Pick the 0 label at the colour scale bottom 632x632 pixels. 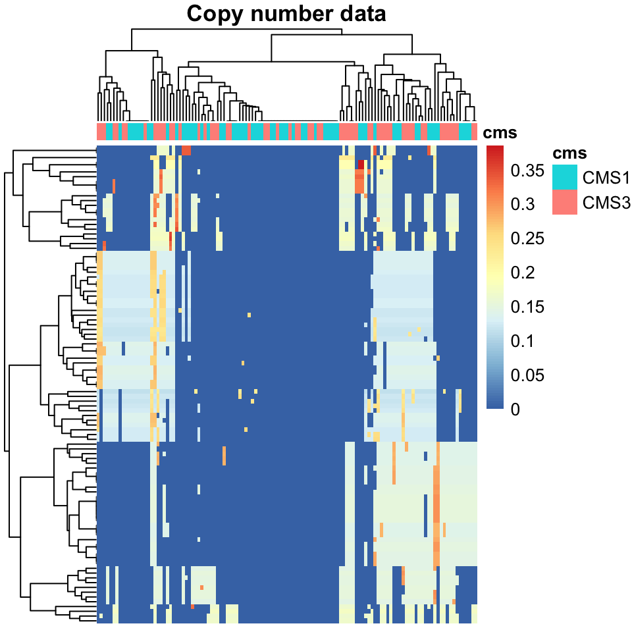tap(515, 409)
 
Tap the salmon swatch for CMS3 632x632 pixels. tap(564, 203)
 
